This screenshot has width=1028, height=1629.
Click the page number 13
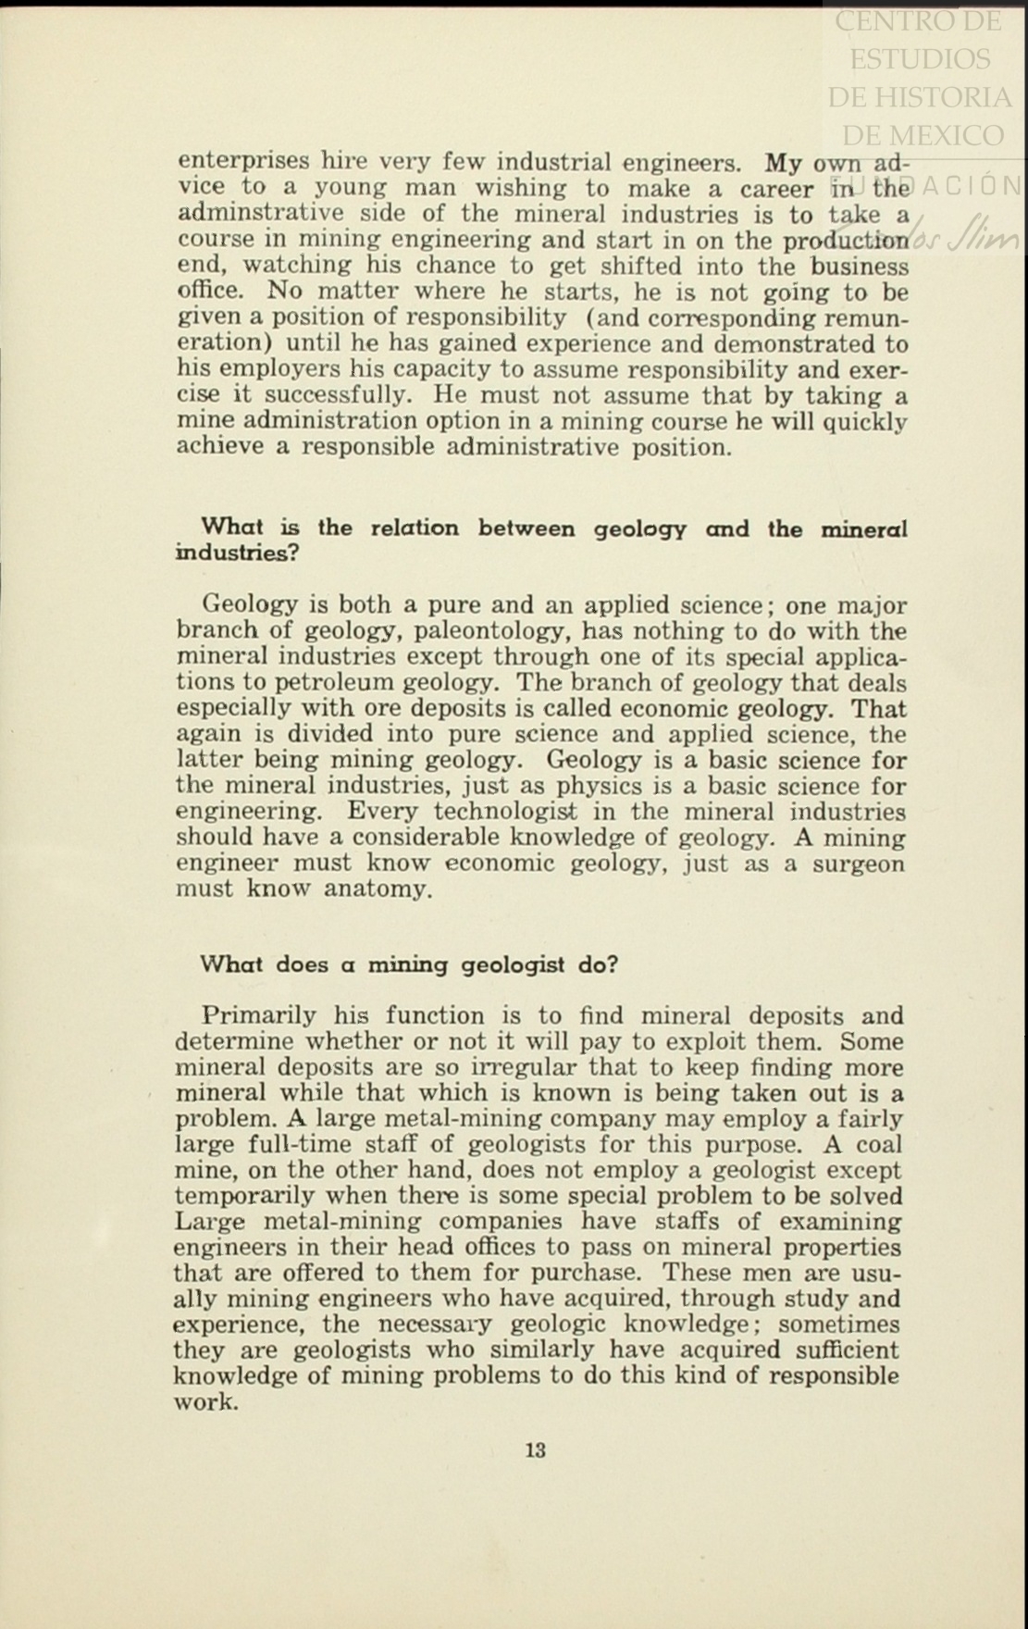[x=535, y=1450]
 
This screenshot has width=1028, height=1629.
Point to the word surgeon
[x=859, y=864]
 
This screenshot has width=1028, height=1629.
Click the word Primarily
[x=259, y=1015]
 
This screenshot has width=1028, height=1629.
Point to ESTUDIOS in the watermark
[x=920, y=59]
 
